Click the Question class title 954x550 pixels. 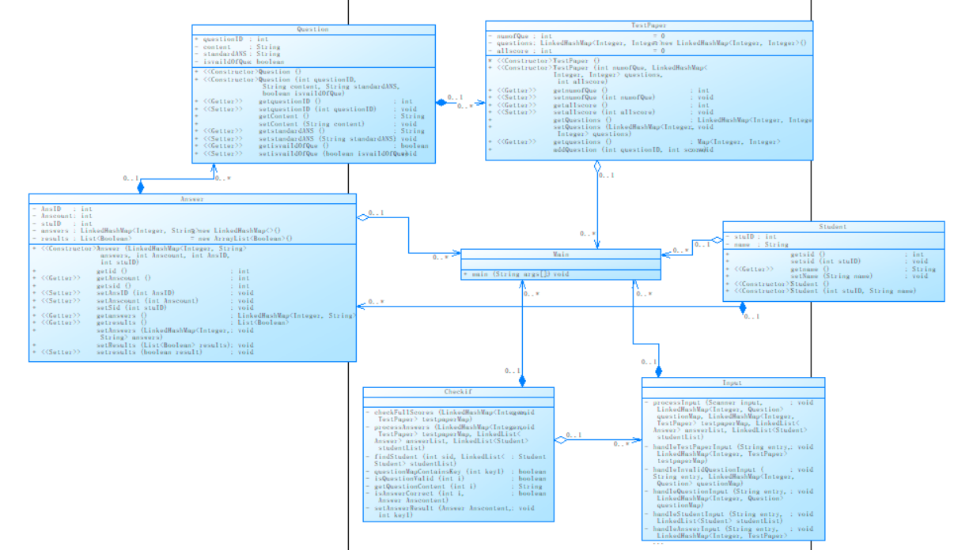point(313,29)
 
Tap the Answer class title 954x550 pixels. point(192,199)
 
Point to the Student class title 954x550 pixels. point(834,227)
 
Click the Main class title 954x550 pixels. point(561,254)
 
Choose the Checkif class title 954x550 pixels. point(458,392)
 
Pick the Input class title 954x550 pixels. point(733,383)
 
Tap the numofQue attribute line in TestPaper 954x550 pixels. point(522,36)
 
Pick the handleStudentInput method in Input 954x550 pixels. point(696,514)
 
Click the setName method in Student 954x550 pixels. point(823,277)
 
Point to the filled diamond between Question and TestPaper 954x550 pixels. point(441,104)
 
